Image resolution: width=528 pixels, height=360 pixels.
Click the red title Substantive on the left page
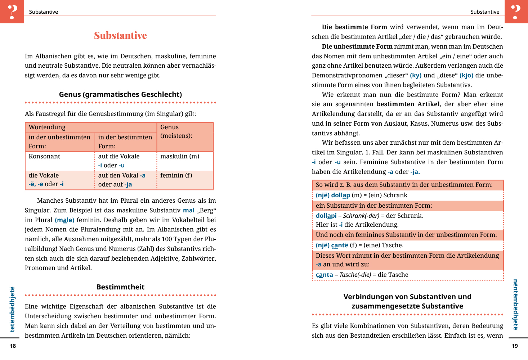[x=120, y=36]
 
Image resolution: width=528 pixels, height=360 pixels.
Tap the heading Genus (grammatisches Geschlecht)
[x=120, y=94]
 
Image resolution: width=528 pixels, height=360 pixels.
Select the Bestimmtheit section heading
[x=120, y=287]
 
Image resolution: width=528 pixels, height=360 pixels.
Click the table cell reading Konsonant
[x=44, y=156]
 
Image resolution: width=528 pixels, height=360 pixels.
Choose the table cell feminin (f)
[x=176, y=175]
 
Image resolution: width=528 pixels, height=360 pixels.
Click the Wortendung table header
[x=47, y=127]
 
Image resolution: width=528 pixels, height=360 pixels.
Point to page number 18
[x=13, y=346]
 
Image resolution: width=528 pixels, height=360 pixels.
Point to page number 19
[x=515, y=346]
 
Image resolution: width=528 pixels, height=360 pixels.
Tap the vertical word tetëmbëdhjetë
[x=12, y=309]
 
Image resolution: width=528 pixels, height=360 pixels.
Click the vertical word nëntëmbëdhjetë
[x=515, y=305]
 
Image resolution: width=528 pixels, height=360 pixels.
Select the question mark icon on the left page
[x=12, y=12]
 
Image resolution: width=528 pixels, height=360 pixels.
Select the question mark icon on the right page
[x=516, y=12]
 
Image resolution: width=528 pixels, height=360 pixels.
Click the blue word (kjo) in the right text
[x=466, y=75]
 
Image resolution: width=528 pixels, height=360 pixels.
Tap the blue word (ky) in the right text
[x=416, y=75]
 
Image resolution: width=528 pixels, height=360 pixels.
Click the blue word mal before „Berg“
[x=189, y=210]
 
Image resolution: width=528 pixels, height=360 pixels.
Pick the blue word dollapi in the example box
[x=326, y=216]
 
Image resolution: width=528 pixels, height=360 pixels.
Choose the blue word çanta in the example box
[x=324, y=275]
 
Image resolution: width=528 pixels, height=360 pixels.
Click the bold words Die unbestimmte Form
[x=357, y=46]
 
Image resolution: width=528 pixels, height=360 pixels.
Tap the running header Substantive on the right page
[x=485, y=12]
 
